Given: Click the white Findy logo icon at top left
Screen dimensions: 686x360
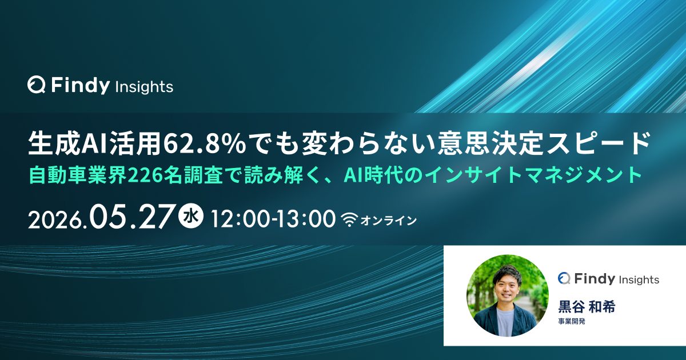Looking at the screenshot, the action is coord(37,85).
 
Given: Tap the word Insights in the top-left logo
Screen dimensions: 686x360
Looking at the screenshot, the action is coord(145,87).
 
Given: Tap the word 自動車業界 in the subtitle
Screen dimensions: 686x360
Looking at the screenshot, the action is coord(78,175).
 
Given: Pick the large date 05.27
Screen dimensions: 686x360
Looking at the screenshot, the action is coord(131,217).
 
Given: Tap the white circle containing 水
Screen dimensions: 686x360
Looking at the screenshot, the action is coord(191,218).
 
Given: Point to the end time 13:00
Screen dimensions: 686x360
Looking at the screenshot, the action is coord(306,219).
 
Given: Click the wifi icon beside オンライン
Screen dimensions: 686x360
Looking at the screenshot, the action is coord(349,220).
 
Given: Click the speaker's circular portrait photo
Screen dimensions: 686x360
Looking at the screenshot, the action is coord(508,295).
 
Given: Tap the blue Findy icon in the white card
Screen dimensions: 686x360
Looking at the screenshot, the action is coord(564,278).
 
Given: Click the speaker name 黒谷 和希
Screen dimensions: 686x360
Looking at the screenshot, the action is coord(587,307).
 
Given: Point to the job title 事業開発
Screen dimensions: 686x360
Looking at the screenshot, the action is coord(572,322).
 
